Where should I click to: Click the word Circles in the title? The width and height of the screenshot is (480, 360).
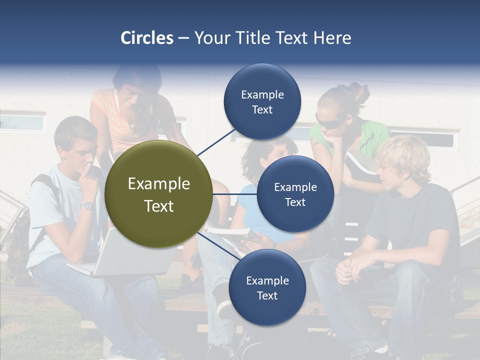pyautogui.click(x=146, y=38)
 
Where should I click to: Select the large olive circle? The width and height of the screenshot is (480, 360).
pyautogui.click(x=158, y=194)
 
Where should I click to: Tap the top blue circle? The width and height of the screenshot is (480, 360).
pyautogui.click(x=262, y=101)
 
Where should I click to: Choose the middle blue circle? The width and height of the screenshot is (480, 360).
pyautogui.click(x=295, y=194)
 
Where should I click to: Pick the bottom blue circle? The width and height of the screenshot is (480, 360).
pyautogui.click(x=267, y=287)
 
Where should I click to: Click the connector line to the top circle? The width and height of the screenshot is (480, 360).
pyautogui.click(x=216, y=141)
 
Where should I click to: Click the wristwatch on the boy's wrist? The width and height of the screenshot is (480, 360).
pyautogui.click(x=88, y=205)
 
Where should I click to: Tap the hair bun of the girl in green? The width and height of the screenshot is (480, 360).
pyautogui.click(x=359, y=92)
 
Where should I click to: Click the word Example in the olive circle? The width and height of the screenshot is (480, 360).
pyautogui.click(x=158, y=184)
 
